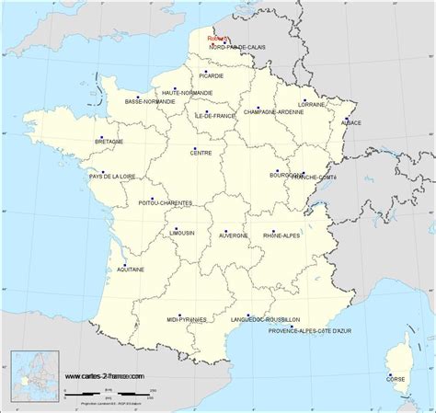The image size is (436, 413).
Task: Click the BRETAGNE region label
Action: click(x=109, y=141)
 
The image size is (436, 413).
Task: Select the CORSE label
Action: click(x=395, y=378)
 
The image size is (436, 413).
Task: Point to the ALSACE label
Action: click(x=351, y=122)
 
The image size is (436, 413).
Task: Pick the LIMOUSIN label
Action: click(x=182, y=234)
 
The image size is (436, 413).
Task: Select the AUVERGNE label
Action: click(x=234, y=235)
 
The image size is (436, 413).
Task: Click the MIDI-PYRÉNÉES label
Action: click(x=185, y=318)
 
